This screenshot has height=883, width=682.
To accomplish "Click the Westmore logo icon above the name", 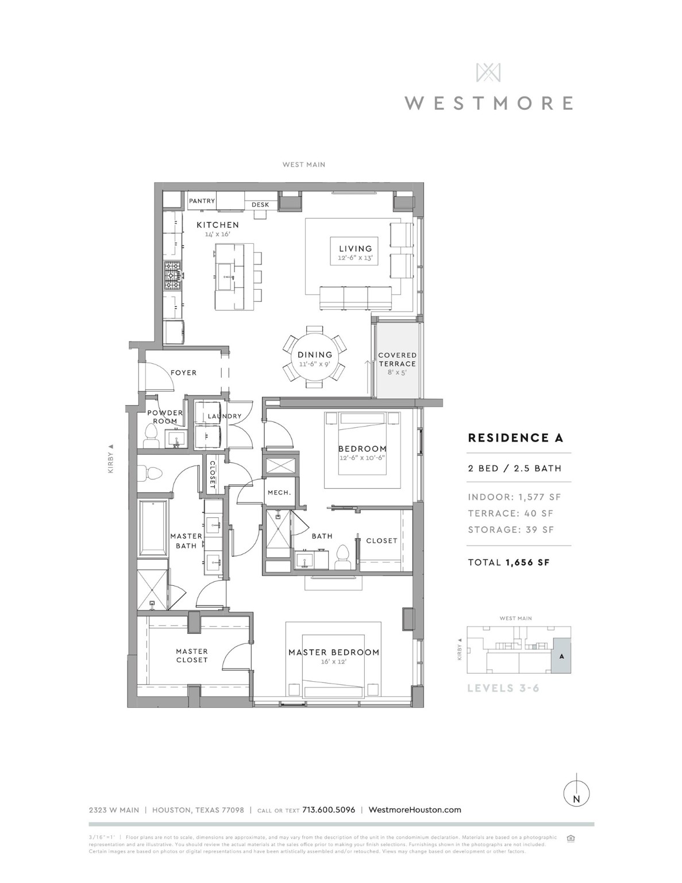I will point(488,72).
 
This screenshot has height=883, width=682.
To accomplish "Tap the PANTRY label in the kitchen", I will point(202,201).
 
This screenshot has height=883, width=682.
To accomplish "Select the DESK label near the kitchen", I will point(260,205).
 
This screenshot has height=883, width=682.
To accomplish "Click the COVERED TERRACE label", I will point(397,359).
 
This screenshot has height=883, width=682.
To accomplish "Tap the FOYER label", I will point(183,373).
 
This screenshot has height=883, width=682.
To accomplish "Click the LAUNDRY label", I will point(224,416).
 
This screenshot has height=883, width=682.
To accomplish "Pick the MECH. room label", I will point(279,493).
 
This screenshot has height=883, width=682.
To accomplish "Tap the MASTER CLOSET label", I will point(192,655).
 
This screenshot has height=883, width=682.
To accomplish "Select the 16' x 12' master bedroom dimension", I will point(334,662).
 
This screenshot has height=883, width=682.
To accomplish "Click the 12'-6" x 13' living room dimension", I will point(356,259).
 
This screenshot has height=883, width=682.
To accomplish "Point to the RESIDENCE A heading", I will point(515,438).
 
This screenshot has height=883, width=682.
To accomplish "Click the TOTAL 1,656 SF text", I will point(508,562).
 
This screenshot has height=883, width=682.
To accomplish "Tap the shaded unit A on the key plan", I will point(561,655).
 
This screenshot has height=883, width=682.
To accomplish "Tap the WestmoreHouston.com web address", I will point(414,810).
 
